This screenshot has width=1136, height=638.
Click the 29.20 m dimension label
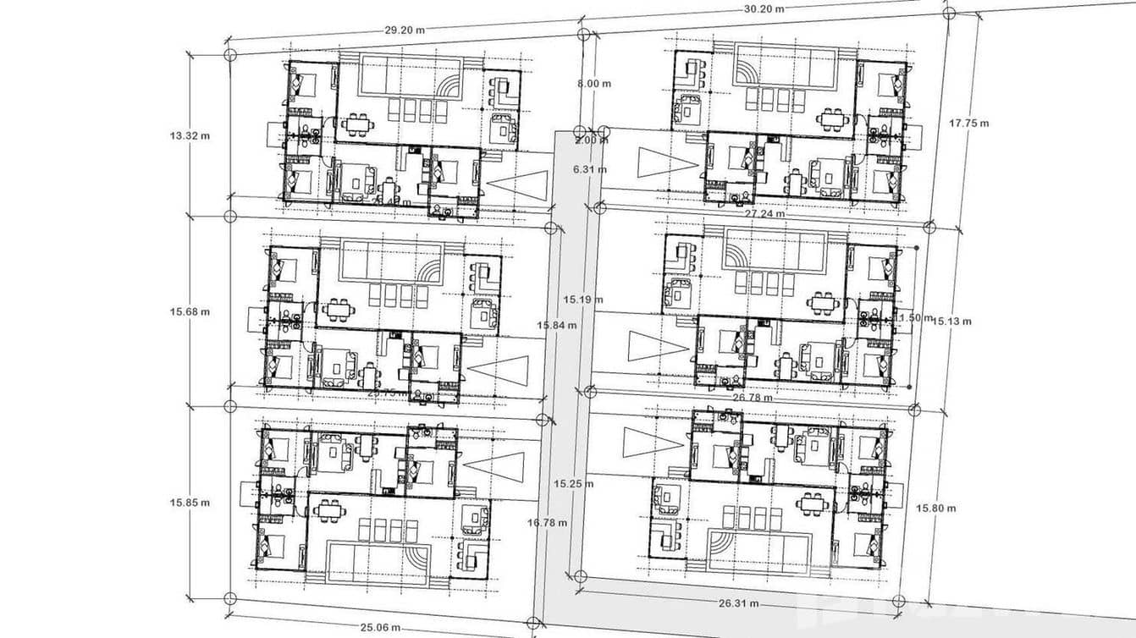pos(405,30)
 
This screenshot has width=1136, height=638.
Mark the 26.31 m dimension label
pos(737,604)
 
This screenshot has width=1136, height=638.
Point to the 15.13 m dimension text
pos(951,321)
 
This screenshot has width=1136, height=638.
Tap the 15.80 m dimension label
pos(936,508)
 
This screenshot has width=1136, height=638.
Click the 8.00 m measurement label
pos(593,84)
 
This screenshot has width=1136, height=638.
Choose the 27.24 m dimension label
pos(764,215)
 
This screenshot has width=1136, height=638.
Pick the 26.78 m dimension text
pos(752,397)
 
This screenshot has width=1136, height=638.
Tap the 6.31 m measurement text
pos(590,169)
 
